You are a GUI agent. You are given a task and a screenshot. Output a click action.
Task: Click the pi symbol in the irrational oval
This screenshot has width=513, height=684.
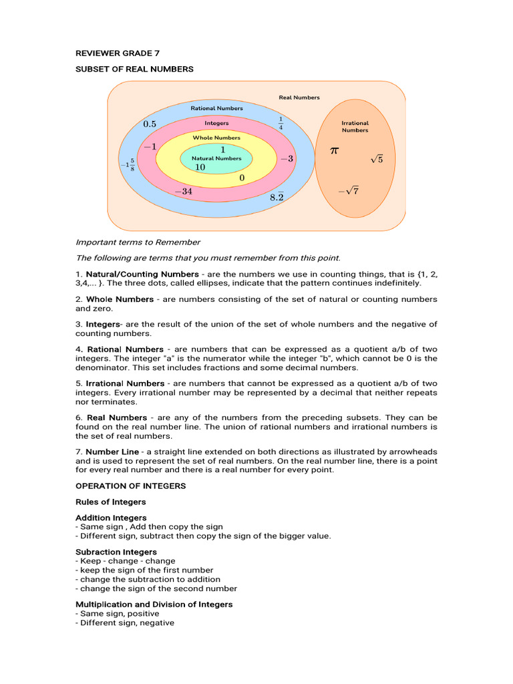click(335, 152)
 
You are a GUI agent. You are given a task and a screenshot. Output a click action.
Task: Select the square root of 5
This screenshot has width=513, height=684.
click(377, 159)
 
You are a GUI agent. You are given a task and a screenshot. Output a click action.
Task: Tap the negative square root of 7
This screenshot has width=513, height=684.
click(348, 191)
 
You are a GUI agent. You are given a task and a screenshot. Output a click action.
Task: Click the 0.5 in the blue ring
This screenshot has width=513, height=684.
click(150, 124)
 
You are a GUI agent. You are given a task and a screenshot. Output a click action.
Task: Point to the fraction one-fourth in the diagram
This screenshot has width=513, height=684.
click(281, 123)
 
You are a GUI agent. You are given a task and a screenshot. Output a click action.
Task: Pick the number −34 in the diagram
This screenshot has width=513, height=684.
click(184, 191)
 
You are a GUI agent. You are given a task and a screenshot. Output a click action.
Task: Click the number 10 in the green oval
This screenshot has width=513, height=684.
click(200, 167)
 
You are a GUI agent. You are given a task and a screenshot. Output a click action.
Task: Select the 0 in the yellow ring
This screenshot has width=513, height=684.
click(242, 178)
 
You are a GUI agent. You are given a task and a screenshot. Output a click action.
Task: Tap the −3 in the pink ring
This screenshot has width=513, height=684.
click(287, 158)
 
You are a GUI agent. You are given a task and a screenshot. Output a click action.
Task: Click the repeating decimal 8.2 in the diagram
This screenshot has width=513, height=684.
click(277, 196)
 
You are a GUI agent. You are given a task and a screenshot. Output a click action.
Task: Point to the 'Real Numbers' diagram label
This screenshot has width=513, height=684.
click(299, 98)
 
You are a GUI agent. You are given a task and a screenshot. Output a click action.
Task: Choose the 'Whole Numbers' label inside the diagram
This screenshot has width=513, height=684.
click(216, 138)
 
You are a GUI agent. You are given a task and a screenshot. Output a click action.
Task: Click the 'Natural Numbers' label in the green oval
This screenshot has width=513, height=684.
click(216, 158)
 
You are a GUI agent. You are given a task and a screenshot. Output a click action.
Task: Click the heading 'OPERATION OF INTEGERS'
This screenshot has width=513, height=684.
click(130, 486)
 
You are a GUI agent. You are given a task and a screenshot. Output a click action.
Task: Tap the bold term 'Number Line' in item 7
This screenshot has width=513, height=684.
click(112, 452)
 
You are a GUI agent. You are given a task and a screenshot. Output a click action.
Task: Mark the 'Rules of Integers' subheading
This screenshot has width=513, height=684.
click(110, 502)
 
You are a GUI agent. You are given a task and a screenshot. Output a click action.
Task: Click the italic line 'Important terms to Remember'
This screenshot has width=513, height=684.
click(138, 242)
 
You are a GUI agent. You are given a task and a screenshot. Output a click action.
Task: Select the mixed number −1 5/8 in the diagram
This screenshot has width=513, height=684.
click(128, 164)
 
